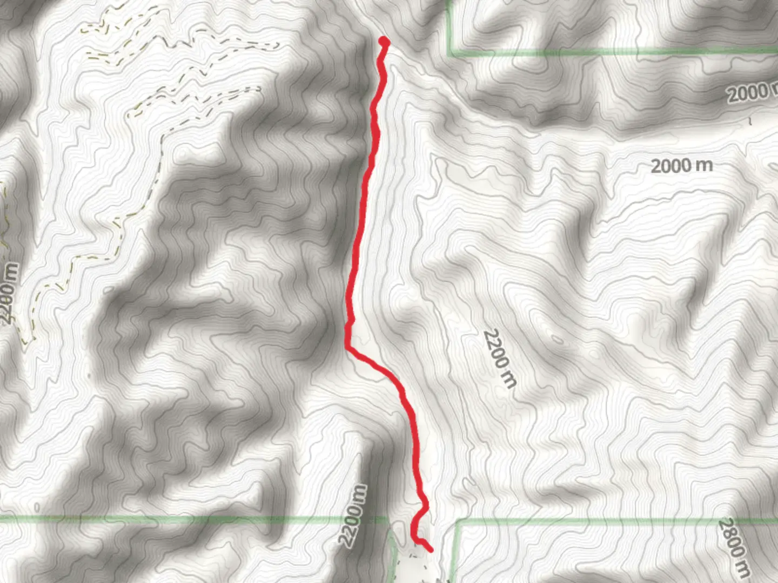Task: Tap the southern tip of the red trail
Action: click(431, 551)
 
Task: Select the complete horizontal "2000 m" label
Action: click(681, 165)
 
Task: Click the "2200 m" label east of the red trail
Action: click(500, 358)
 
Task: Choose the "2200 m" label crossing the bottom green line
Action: click(353, 516)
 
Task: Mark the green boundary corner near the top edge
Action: click(451, 53)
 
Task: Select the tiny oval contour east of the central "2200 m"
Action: click(556, 340)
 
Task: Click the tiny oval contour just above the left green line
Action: click(36, 508)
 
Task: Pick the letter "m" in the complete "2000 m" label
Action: click(703, 165)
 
